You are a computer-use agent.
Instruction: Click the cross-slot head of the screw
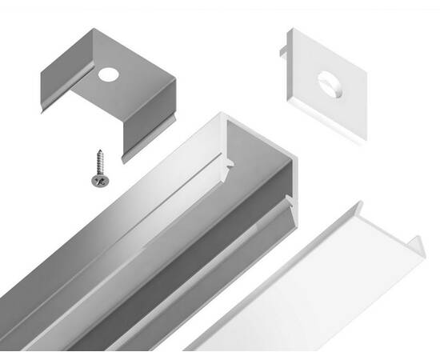[98, 180]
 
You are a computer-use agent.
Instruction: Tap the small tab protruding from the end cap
[285, 51]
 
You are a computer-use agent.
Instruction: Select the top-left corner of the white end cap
[289, 34]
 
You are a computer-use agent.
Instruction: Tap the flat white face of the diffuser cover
[304, 288]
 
